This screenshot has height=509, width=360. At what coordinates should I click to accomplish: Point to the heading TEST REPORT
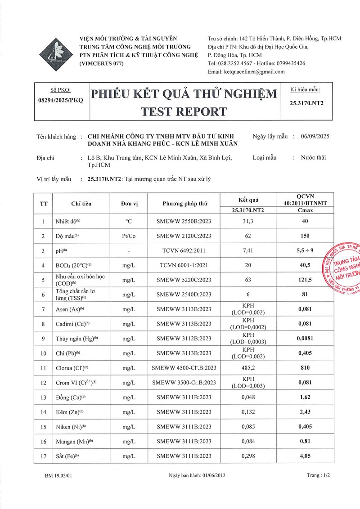pyautogui.click(x=184, y=111)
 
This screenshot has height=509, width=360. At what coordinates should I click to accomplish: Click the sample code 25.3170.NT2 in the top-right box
pyautogui.click(x=307, y=103)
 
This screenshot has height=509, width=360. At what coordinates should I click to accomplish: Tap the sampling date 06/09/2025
pyautogui.click(x=315, y=137)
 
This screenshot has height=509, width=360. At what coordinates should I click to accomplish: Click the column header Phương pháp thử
pyautogui.click(x=185, y=203)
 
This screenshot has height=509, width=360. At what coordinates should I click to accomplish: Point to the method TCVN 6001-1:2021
pyautogui.click(x=185, y=266)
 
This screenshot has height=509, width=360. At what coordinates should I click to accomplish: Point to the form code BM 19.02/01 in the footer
pyautogui.click(x=58, y=487)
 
